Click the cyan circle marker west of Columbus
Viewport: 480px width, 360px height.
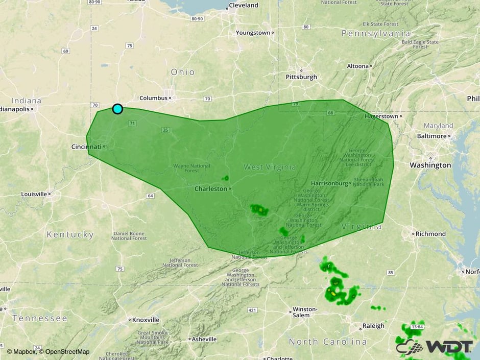117,109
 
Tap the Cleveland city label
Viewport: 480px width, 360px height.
244,5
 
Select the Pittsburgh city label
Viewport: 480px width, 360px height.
301,77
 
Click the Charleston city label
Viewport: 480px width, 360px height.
210,188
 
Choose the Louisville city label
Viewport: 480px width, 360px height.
34,194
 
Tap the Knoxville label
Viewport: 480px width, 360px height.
146,320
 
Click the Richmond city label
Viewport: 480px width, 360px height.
431,234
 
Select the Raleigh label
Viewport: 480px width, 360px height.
373,326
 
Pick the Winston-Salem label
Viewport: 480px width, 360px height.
305,312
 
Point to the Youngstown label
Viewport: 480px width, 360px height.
253,33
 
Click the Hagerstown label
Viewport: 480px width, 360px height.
381,116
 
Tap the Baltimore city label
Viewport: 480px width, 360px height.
431,136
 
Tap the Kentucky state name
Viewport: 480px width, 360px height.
70,235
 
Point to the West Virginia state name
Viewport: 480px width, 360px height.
270,167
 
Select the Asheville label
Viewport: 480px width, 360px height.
204,339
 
